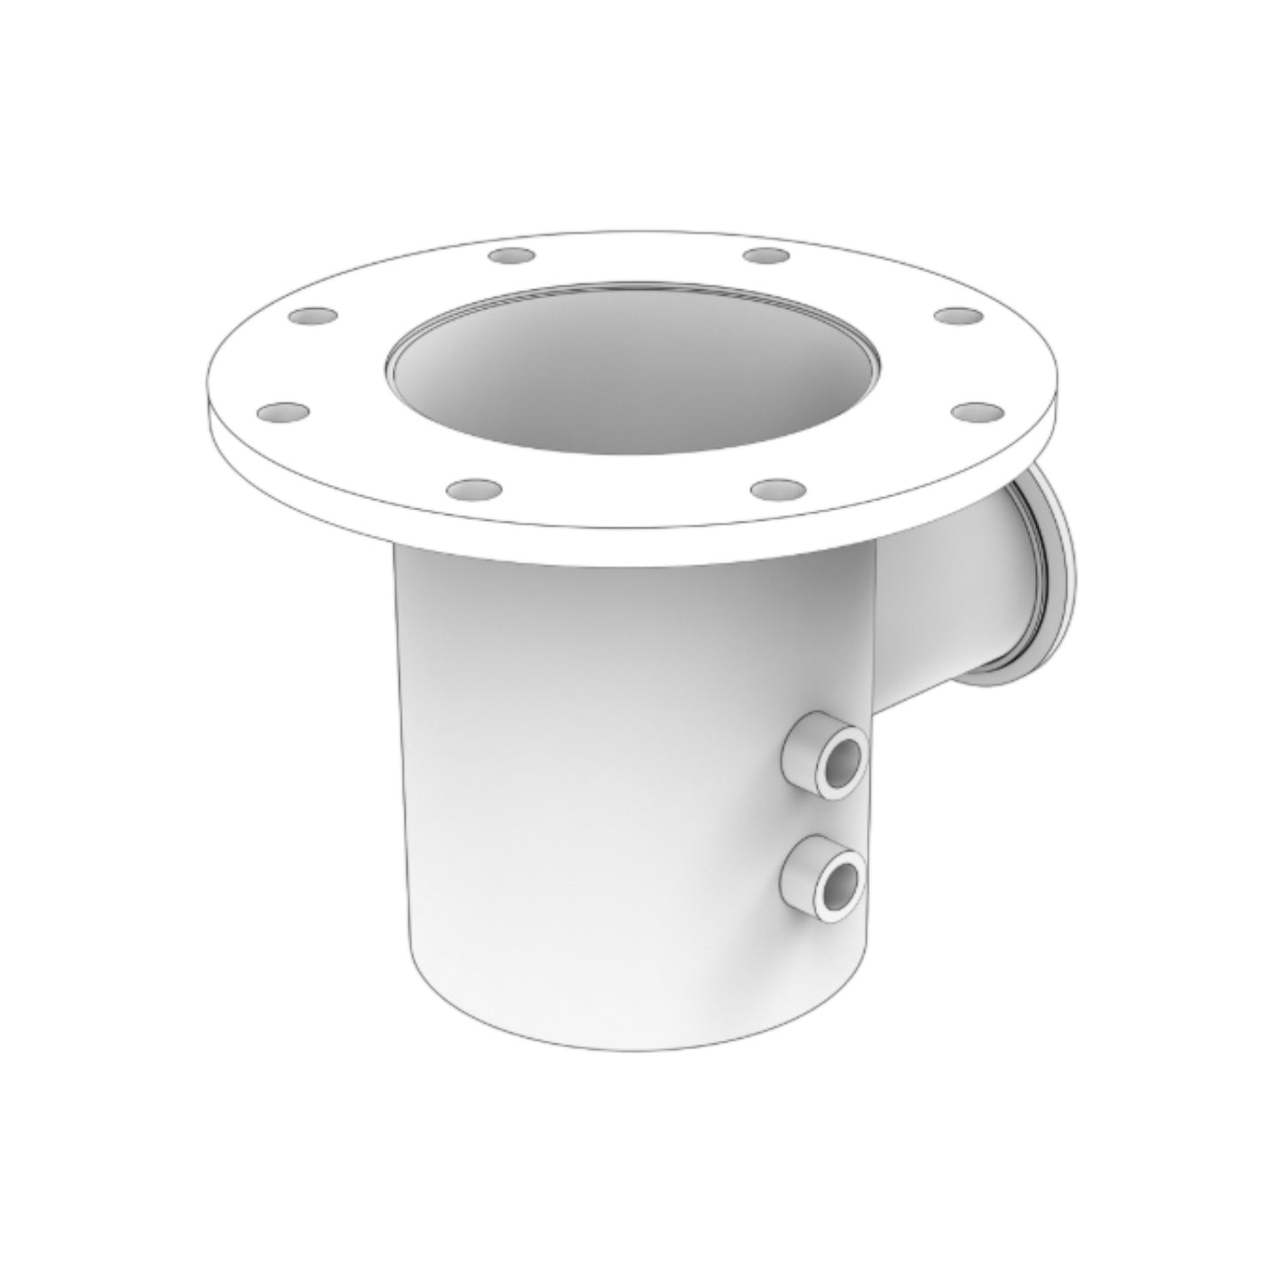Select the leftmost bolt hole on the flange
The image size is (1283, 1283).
[x=283, y=412]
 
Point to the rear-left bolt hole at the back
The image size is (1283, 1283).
[x=512, y=256]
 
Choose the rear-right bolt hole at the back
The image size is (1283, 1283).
[x=766, y=256]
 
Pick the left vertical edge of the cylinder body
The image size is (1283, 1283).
[x=402, y=755]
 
